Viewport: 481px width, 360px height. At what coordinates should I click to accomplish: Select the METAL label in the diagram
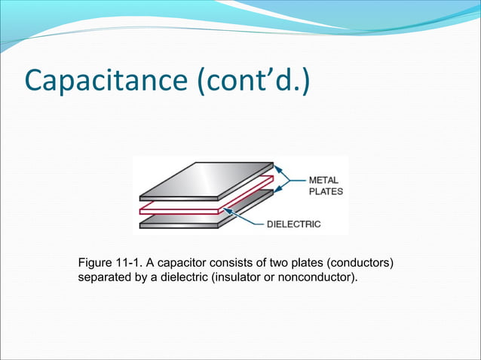324,181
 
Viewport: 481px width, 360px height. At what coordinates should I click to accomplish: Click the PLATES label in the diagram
326,191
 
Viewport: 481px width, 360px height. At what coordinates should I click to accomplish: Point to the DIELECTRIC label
294,224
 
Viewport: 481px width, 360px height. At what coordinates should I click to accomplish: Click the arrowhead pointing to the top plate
276,170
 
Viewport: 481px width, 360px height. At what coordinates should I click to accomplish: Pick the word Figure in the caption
96,263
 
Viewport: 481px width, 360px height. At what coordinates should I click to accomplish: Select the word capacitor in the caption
185,263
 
